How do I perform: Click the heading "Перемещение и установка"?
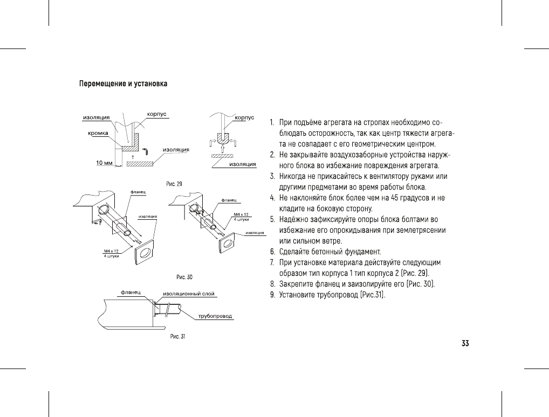point(123,84)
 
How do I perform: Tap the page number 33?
point(465,343)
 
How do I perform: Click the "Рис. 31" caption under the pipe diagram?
point(177,337)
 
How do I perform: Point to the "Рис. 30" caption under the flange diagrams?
point(184,277)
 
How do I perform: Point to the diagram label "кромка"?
point(98,133)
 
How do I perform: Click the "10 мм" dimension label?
point(104,163)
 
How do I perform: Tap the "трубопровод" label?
point(215,316)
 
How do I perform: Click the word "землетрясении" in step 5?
point(421,230)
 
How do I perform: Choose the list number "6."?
point(273,252)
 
